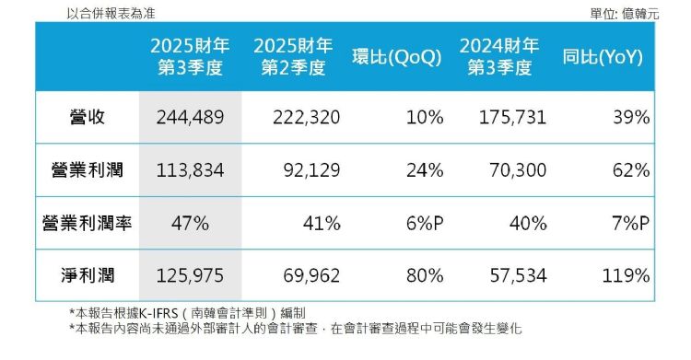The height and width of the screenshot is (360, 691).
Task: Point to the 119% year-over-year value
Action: [x=627, y=275]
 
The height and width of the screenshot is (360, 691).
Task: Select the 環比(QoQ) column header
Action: [x=397, y=56]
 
